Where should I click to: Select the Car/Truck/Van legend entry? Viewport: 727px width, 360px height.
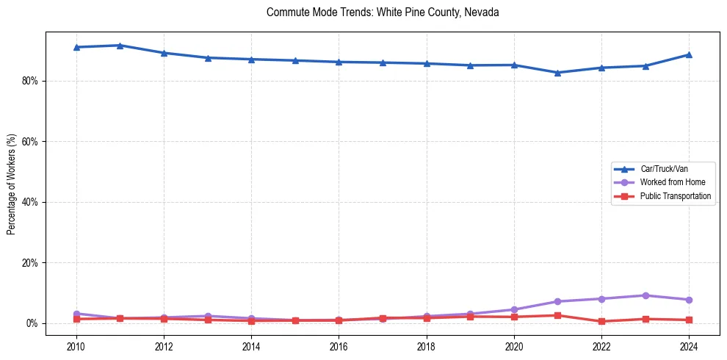point(664,168)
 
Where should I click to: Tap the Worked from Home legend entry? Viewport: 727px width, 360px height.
point(669,182)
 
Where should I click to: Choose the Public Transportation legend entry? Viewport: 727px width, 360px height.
point(675,196)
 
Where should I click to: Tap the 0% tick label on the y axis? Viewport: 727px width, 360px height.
point(32,323)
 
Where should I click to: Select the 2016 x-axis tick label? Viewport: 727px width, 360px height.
point(339,346)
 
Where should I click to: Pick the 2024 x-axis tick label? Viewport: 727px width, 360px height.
point(689,346)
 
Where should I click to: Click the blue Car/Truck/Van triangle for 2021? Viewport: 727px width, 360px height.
point(557,73)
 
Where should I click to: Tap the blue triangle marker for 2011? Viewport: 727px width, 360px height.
point(120,46)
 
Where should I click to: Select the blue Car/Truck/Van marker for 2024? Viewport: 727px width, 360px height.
point(689,54)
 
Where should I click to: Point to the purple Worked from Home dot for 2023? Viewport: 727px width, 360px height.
point(645,295)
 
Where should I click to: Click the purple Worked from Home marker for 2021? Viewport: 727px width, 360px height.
point(557,301)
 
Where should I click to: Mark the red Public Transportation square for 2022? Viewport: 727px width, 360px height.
point(601,321)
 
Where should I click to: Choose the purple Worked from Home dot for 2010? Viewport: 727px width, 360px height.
point(76,314)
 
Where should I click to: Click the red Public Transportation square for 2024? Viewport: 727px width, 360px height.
point(689,320)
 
